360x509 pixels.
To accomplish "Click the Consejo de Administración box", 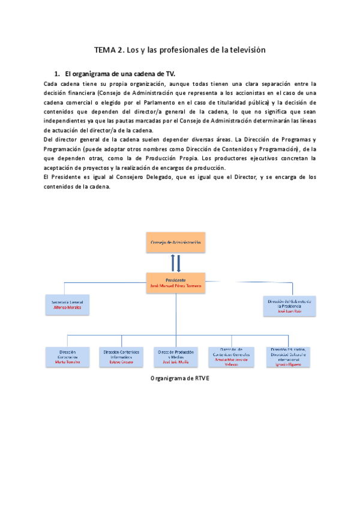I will (175, 243).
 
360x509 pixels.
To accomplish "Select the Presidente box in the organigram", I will (175, 283).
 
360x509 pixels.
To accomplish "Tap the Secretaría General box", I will (67, 305).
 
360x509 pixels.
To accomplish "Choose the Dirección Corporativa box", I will (67, 357).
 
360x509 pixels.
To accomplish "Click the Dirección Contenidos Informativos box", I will (121, 357).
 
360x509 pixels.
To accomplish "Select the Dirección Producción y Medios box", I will (175, 357).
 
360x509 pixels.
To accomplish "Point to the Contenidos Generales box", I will (231, 357).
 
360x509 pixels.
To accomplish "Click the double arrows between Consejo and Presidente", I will (175, 263).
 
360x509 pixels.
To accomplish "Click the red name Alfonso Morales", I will (67, 309).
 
